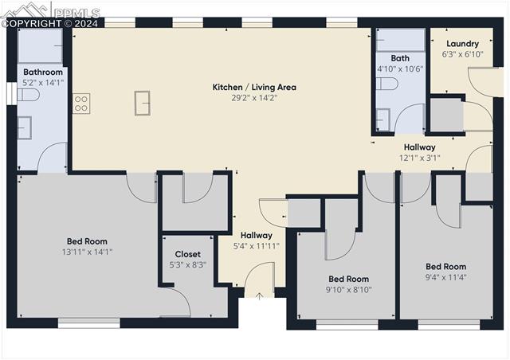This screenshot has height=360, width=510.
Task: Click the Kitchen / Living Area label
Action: tap(253, 87)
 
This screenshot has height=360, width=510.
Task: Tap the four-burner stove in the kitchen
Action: tap(81, 103)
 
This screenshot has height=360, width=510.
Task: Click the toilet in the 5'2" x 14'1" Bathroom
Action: tap(29, 96)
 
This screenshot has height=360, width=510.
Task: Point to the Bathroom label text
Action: tap(43, 72)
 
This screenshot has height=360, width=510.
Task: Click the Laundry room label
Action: tap(462, 44)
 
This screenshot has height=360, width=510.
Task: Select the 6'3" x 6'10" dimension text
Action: tap(462, 54)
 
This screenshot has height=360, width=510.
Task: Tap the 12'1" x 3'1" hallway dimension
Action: tap(419, 158)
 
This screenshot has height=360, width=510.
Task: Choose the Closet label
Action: tap(187, 254)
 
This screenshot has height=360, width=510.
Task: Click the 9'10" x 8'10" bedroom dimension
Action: tap(348, 289)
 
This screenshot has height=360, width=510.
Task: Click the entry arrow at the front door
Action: tap(259, 295)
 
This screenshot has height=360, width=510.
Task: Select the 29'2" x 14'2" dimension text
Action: tap(253, 97)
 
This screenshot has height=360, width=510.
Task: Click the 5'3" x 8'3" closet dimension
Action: tap(187, 264)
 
